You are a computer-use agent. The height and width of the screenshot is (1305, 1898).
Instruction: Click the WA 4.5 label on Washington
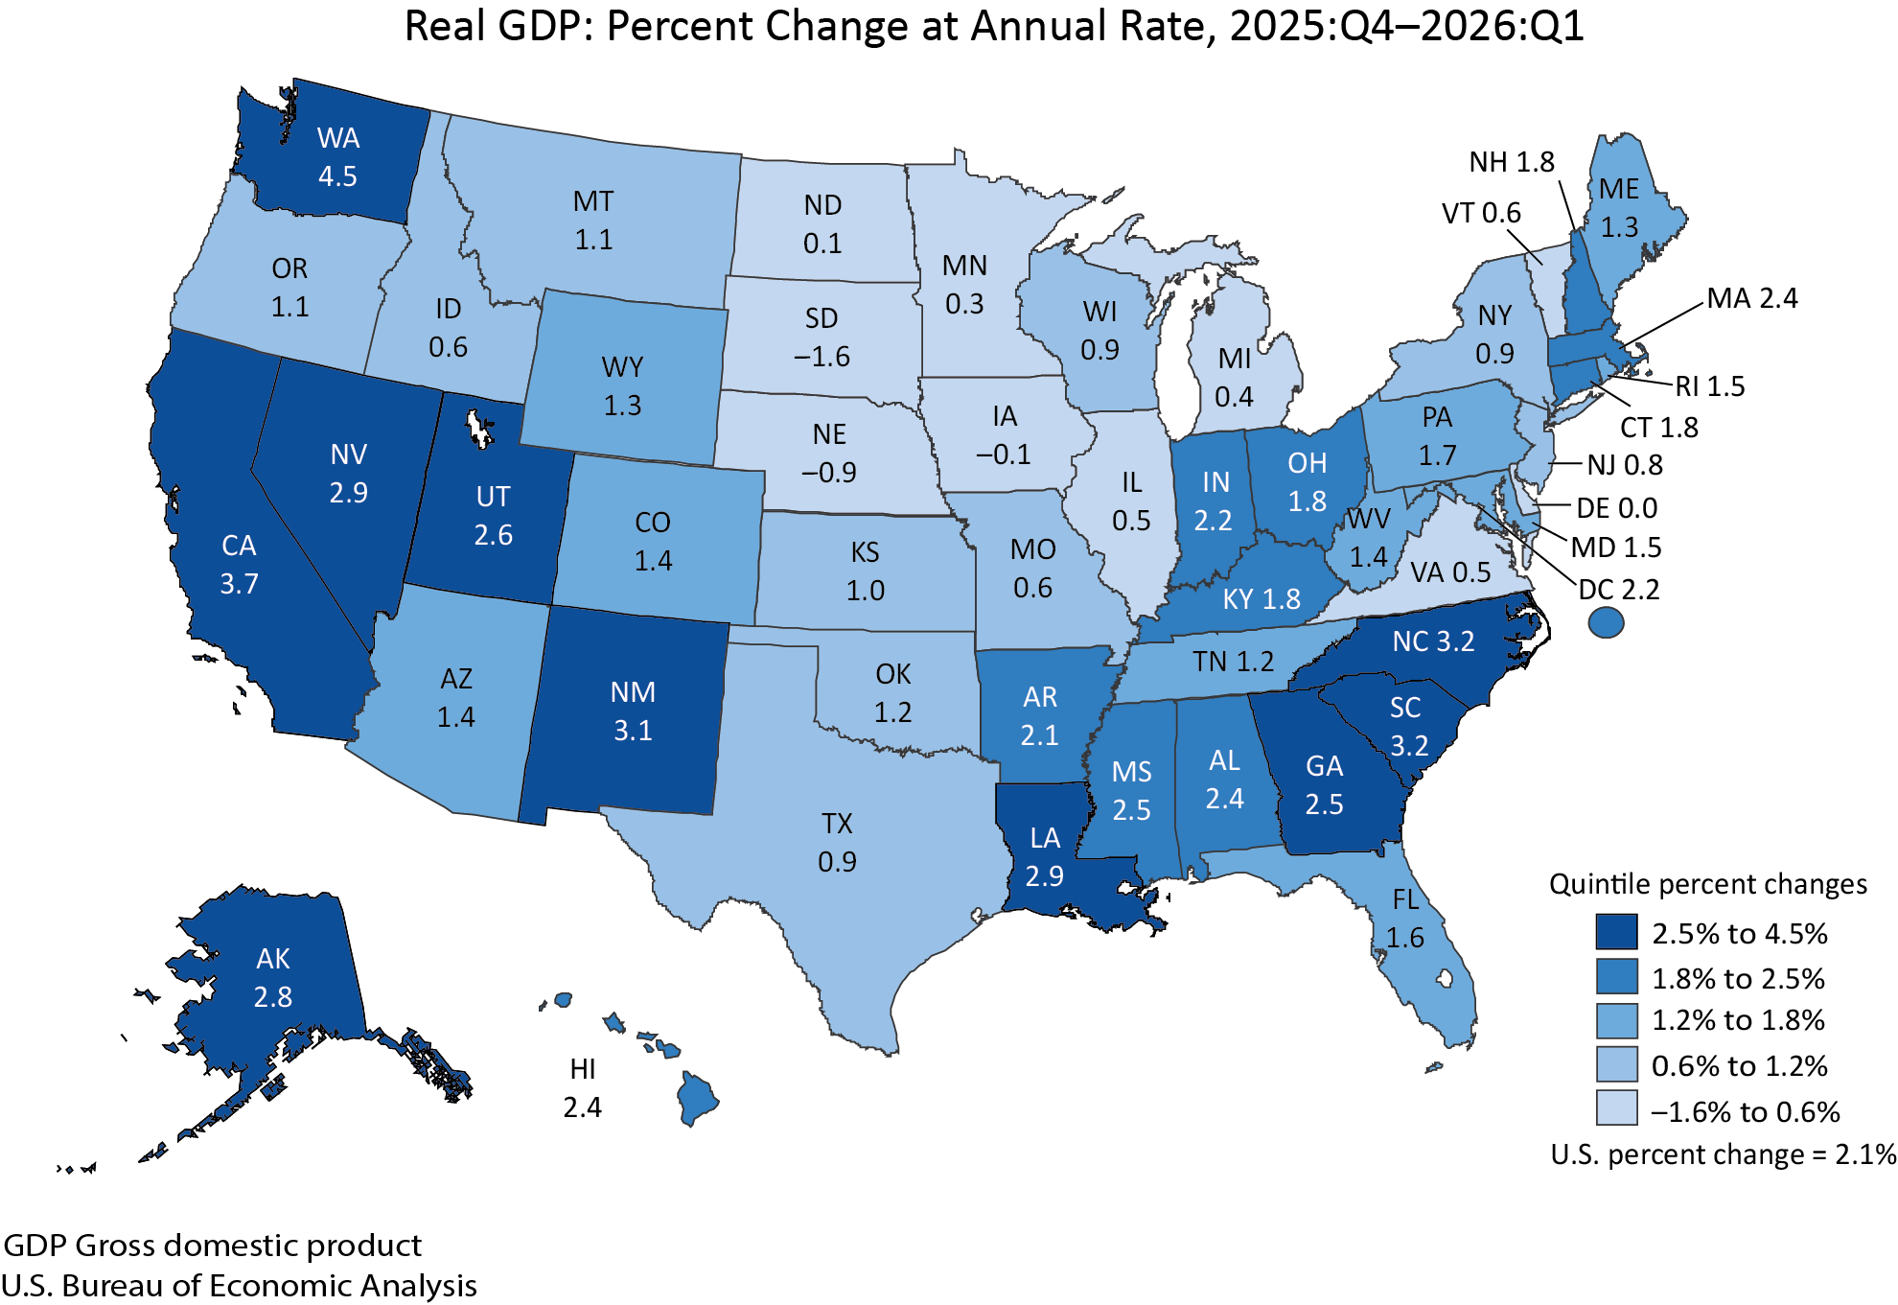coord(337,157)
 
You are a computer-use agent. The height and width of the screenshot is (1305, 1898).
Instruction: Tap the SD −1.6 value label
coord(822,338)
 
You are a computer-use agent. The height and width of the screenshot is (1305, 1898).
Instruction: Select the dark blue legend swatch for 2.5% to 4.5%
coord(1616,932)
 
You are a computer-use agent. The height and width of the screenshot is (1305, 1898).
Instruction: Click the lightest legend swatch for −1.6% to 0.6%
coord(1616,1108)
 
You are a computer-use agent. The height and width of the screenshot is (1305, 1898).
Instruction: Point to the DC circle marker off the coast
coord(1607,623)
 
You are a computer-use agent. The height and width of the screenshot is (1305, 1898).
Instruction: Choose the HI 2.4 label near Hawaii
coord(583,1088)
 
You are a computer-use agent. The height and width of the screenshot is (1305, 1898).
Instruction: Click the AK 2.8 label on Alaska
coord(273,978)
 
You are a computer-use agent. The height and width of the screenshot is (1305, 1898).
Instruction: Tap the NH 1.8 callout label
coord(1512,162)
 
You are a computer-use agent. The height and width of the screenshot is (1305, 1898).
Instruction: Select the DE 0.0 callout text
coord(1617,508)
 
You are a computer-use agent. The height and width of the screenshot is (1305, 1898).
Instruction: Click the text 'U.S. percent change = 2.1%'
coord(1724,1154)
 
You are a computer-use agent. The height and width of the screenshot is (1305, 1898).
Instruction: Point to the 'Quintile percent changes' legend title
coord(1708,884)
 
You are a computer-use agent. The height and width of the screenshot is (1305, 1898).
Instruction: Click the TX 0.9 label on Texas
coord(837,843)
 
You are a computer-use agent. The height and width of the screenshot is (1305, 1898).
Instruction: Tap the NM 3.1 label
coord(633,711)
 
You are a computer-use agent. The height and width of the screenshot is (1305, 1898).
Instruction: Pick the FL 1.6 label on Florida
coord(1405,919)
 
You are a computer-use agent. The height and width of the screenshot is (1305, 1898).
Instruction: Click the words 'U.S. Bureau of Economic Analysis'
coord(239,1285)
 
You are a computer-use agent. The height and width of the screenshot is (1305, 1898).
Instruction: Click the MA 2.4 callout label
coord(1752,298)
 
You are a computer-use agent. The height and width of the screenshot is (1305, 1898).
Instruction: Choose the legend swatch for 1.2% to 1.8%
coord(1616,1020)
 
